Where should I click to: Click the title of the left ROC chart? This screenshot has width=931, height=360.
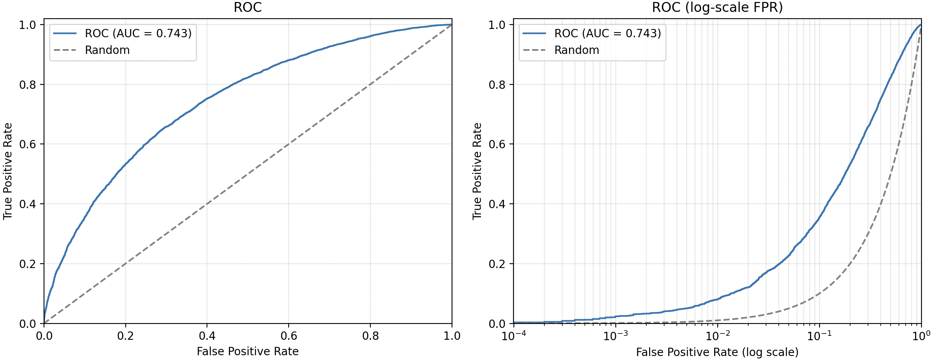[248, 8]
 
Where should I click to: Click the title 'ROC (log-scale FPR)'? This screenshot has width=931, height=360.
[717, 8]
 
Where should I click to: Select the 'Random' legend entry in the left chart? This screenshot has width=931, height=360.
[92, 50]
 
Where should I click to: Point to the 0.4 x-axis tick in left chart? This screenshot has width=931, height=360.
[207, 336]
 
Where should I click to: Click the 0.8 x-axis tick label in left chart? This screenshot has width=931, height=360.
[370, 336]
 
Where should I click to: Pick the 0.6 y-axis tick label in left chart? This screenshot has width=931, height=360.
[27, 144]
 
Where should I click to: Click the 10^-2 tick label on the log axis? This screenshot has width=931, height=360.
[718, 336]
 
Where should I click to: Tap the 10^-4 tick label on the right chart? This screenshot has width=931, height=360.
[514, 336]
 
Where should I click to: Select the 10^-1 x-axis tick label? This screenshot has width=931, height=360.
[820, 336]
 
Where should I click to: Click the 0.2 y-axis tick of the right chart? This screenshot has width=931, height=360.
[497, 264]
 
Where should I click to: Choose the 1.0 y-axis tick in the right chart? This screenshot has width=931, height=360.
[497, 25]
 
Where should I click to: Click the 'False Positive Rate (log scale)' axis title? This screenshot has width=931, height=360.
[717, 352]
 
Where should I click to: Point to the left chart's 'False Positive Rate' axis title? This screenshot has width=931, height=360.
[248, 352]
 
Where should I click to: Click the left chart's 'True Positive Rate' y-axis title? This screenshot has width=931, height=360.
[8, 171]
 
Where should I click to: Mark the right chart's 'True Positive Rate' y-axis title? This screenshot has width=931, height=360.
[477, 171]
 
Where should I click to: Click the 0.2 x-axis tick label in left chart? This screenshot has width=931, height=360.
[125, 336]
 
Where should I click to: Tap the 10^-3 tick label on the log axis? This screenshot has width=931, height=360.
[616, 336]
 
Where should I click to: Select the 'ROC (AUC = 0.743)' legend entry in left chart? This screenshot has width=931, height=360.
[123, 33]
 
